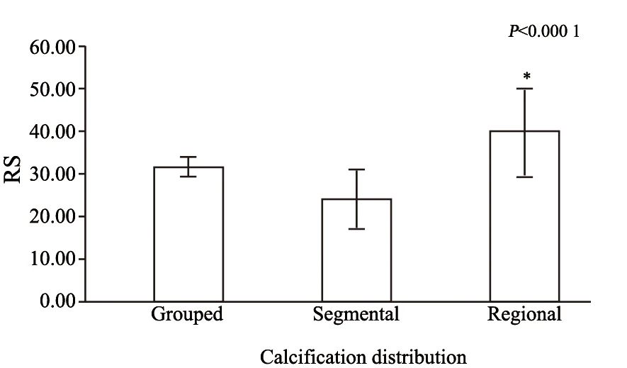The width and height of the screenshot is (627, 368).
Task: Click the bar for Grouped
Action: (x=188, y=234)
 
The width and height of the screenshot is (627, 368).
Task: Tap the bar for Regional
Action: (x=525, y=216)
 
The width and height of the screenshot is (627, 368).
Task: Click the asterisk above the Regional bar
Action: (x=526, y=76)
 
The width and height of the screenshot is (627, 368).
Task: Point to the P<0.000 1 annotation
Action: (x=543, y=31)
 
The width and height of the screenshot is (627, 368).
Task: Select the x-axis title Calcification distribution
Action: (x=363, y=356)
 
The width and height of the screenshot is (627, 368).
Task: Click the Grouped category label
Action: (x=187, y=314)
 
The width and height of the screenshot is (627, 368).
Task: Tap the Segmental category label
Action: (x=356, y=314)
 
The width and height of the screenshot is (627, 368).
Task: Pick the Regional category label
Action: (x=524, y=314)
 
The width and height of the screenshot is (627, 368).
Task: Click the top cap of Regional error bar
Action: (x=525, y=89)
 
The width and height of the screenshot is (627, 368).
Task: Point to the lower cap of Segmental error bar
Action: (x=356, y=229)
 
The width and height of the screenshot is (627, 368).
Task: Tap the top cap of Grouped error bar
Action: (x=188, y=157)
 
